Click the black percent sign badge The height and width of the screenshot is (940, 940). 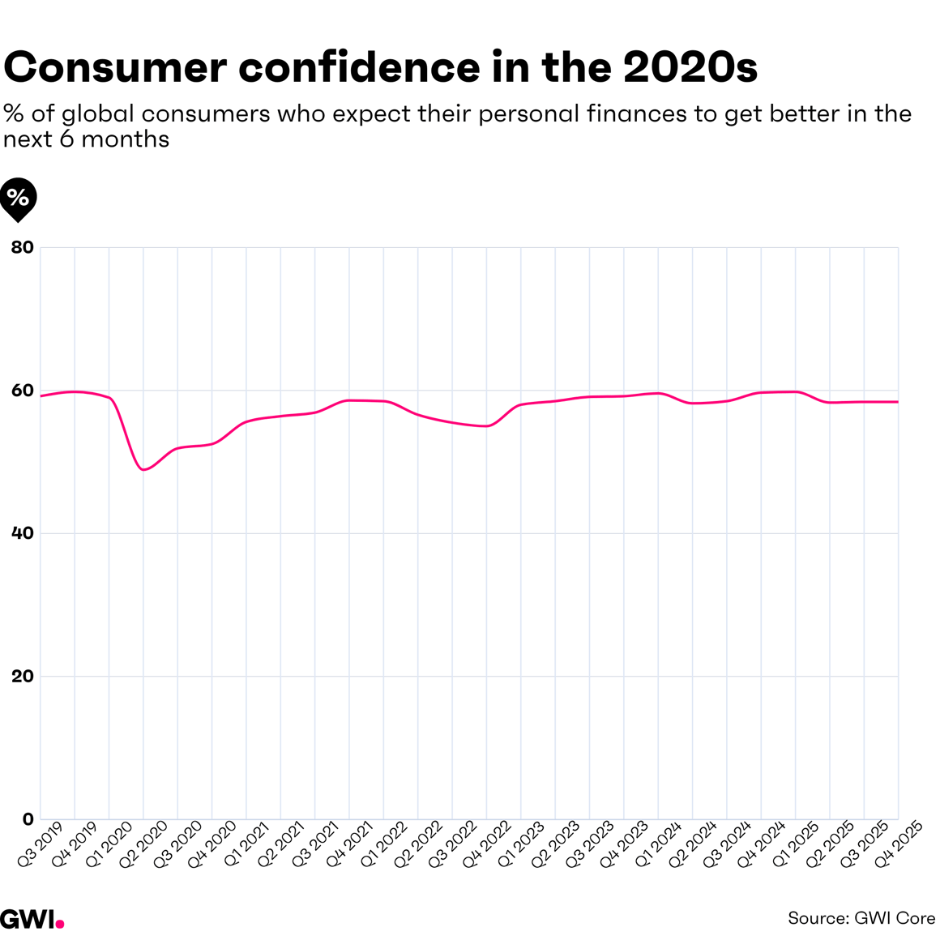(x=18, y=197)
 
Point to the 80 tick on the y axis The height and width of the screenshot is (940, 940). (x=22, y=247)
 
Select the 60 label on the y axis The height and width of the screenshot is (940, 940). (x=22, y=391)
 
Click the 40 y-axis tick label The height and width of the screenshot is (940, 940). (x=22, y=533)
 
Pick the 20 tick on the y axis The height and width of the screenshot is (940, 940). (x=22, y=676)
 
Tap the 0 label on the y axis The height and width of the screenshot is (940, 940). (x=28, y=819)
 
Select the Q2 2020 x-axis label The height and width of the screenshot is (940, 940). (x=143, y=844)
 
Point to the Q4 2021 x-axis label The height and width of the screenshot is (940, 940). (x=349, y=844)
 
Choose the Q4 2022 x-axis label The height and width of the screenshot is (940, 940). (x=486, y=844)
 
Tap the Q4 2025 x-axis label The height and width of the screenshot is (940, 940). (x=898, y=844)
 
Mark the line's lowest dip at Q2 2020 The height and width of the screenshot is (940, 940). (x=143, y=469)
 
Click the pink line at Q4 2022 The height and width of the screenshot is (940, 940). (x=486, y=425)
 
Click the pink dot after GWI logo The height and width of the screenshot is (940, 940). (x=61, y=924)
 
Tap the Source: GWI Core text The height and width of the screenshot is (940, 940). (x=861, y=918)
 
